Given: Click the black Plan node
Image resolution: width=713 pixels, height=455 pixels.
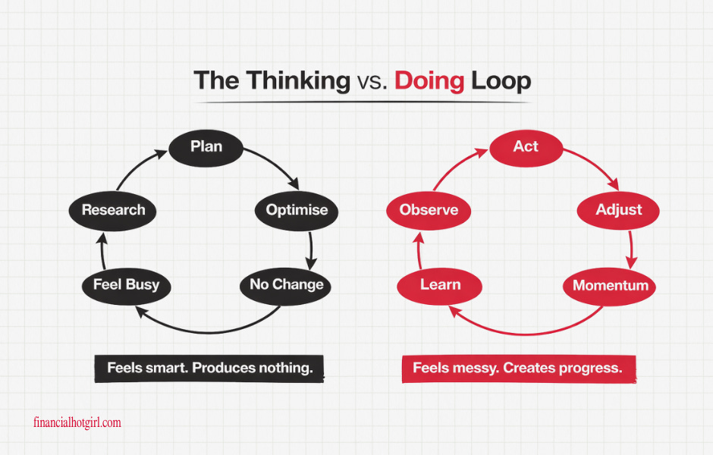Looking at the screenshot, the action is pyautogui.click(x=206, y=146).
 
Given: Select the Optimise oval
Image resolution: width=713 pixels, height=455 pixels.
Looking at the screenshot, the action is pyautogui.click(x=297, y=210).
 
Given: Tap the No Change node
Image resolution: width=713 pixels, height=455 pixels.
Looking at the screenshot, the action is pyautogui.click(x=286, y=285).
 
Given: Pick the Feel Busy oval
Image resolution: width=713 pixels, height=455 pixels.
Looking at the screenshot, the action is pyautogui.click(x=126, y=285).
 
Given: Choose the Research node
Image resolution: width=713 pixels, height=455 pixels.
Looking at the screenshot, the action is pyautogui.click(x=113, y=210).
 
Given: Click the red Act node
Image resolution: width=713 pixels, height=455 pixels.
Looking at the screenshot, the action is pyautogui.click(x=526, y=146).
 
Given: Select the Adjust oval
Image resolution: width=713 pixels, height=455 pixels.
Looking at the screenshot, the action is pyautogui.click(x=618, y=210).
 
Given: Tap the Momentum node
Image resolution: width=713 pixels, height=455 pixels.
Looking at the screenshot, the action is pyautogui.click(x=610, y=285).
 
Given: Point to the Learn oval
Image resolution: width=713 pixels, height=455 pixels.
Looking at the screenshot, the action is pyautogui.click(x=440, y=285).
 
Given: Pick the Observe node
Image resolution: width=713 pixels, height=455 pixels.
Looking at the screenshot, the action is pyautogui.click(x=429, y=210).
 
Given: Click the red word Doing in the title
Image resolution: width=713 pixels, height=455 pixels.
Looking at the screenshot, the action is pyautogui.click(x=429, y=81).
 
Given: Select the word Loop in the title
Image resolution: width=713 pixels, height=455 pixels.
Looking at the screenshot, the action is pyautogui.click(x=501, y=81).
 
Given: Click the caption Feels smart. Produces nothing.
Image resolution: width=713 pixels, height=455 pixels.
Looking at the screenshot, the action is pyautogui.click(x=209, y=369).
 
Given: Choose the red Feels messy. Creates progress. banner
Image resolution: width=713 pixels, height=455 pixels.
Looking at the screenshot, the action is pyautogui.click(x=517, y=369).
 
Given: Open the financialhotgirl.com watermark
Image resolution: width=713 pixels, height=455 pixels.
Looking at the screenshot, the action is pyautogui.click(x=77, y=422).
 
